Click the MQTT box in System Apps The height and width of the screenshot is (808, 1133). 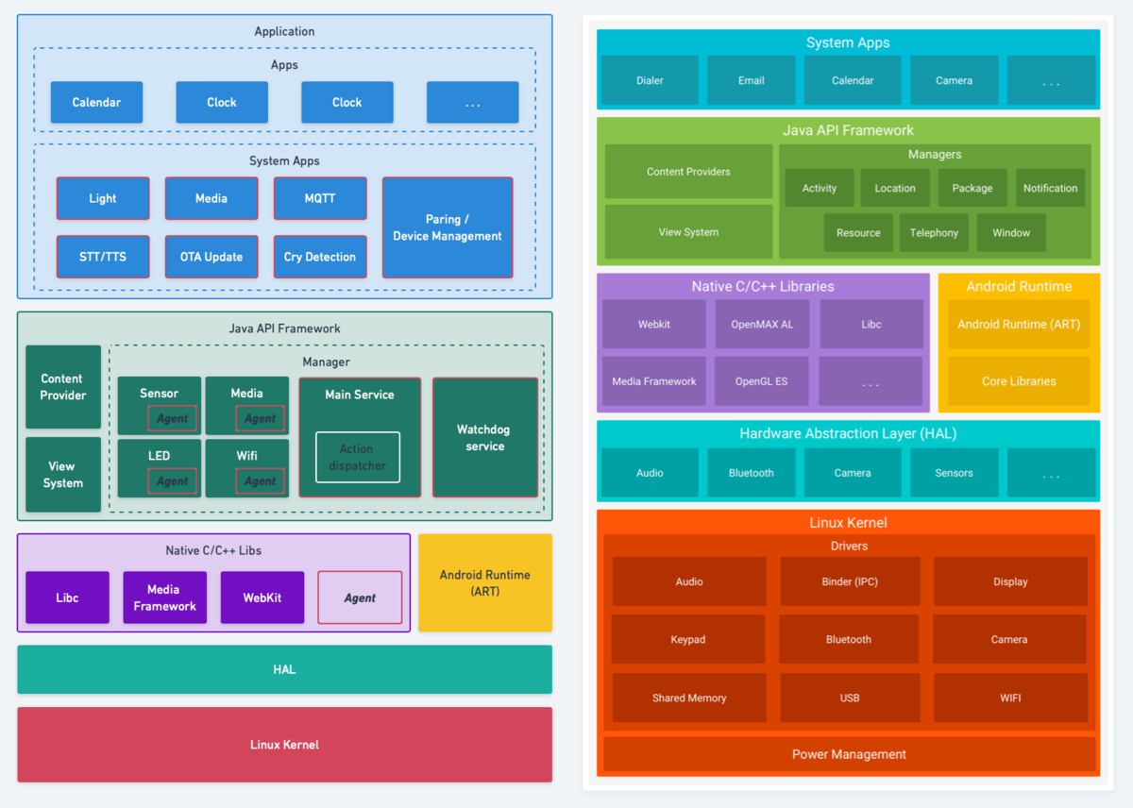click(x=320, y=198)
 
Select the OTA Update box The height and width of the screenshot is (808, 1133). click(x=211, y=257)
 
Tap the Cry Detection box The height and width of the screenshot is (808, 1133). click(x=320, y=257)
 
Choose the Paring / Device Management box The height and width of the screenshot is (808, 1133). click(x=448, y=227)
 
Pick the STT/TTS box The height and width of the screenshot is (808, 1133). click(x=103, y=257)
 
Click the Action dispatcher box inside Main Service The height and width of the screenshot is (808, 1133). click(x=358, y=457)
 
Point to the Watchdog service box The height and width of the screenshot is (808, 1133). click(x=485, y=437)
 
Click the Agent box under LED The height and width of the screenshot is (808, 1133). click(x=172, y=480)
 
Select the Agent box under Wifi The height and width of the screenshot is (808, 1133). click(x=260, y=480)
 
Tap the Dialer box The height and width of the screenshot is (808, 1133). click(x=650, y=80)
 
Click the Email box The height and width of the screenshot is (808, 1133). click(x=752, y=80)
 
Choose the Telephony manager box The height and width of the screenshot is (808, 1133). click(x=934, y=232)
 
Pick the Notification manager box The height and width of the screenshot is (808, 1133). click(x=1051, y=188)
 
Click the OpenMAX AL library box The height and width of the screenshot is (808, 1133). click(x=762, y=324)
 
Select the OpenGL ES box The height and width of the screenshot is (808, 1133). click(x=761, y=381)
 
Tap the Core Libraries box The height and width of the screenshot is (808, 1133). click(x=1019, y=381)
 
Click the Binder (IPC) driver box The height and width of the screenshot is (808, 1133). click(x=850, y=581)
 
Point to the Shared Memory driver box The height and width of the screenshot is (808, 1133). click(x=689, y=698)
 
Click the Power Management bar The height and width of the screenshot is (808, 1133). click(x=849, y=754)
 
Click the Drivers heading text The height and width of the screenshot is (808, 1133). click(x=849, y=547)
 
